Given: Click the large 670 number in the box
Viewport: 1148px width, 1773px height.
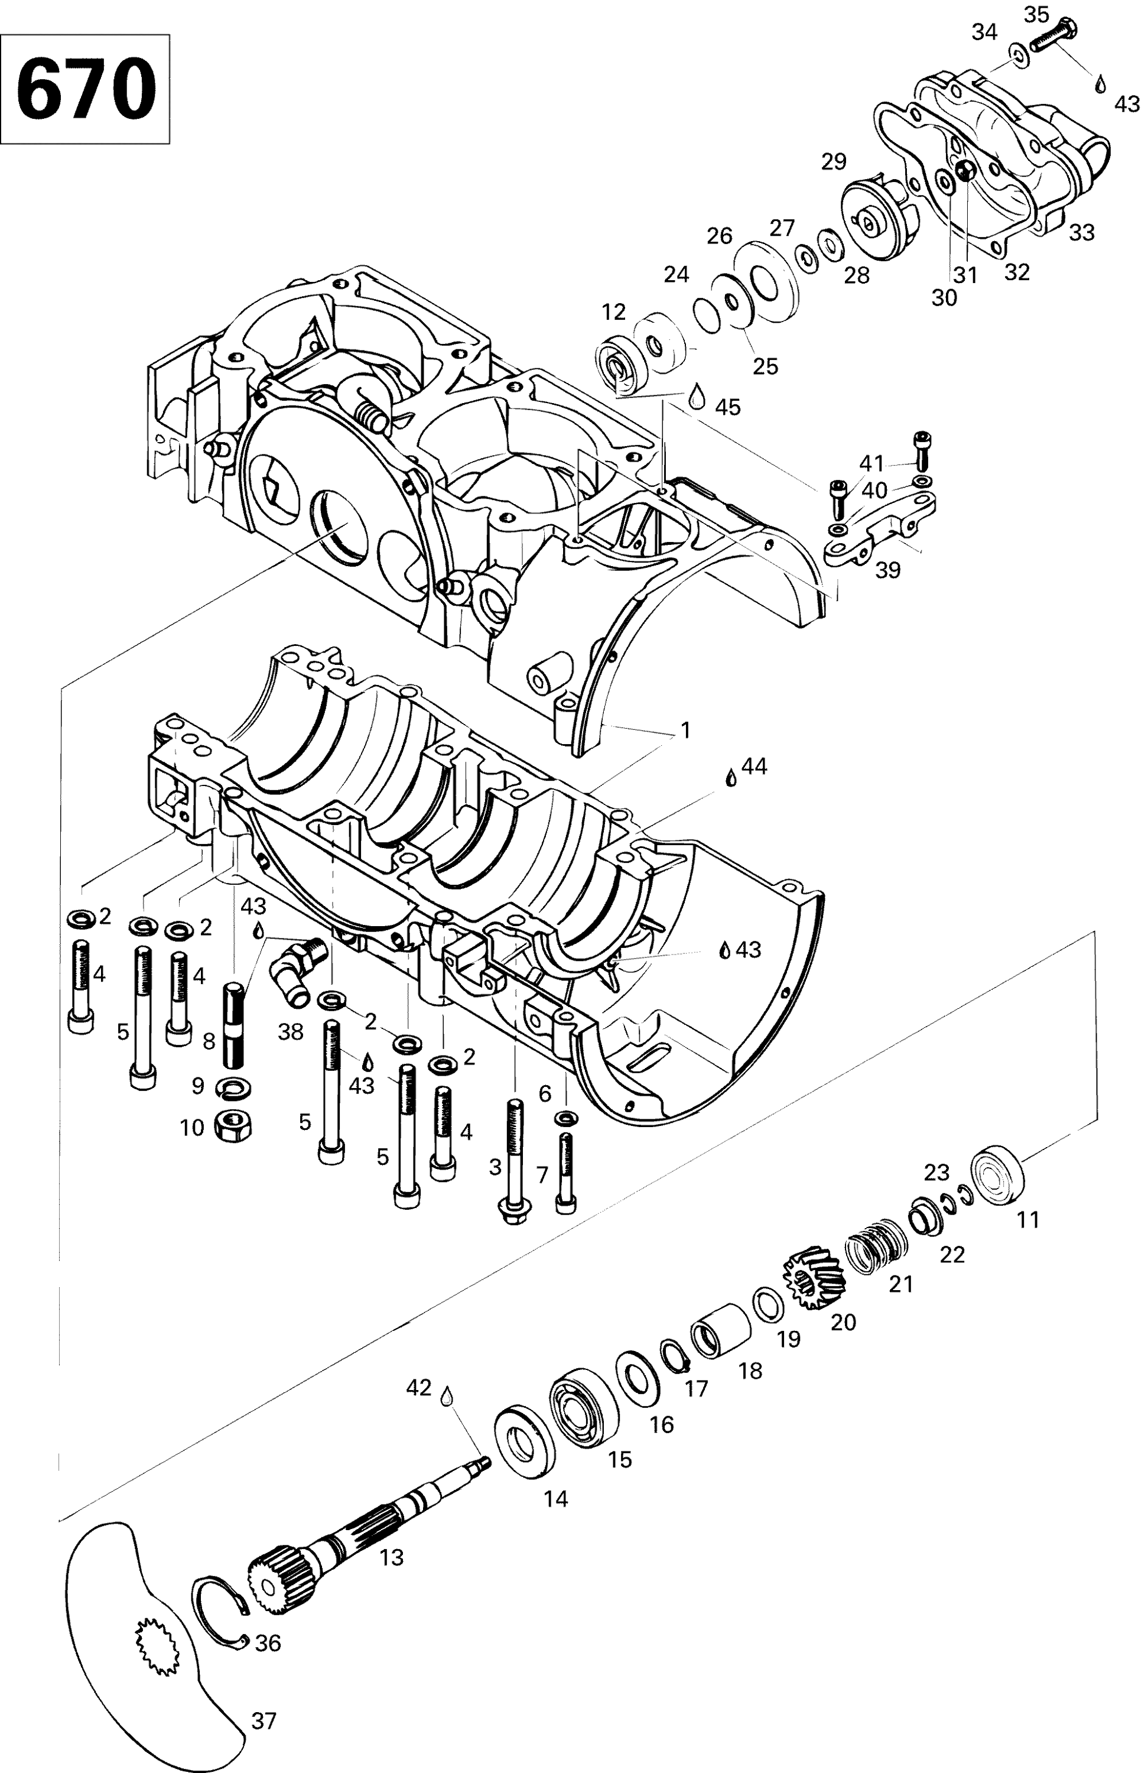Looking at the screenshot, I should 86,89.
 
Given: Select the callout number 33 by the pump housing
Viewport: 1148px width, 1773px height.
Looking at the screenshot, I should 1081,232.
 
